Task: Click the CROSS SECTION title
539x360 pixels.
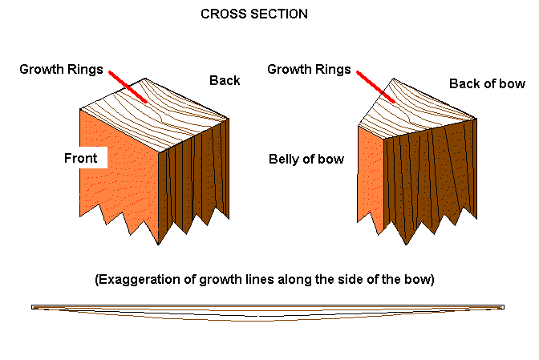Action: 253,14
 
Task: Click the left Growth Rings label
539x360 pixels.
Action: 61,69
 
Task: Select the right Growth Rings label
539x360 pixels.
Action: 309,70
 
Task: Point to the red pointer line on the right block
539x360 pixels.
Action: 375,87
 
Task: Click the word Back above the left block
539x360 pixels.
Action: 225,80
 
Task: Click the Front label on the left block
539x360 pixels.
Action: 80,158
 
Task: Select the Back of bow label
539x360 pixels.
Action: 487,83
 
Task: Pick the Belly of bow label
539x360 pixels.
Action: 306,159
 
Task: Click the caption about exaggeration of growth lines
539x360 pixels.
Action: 264,280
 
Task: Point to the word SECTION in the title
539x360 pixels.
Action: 281,14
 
